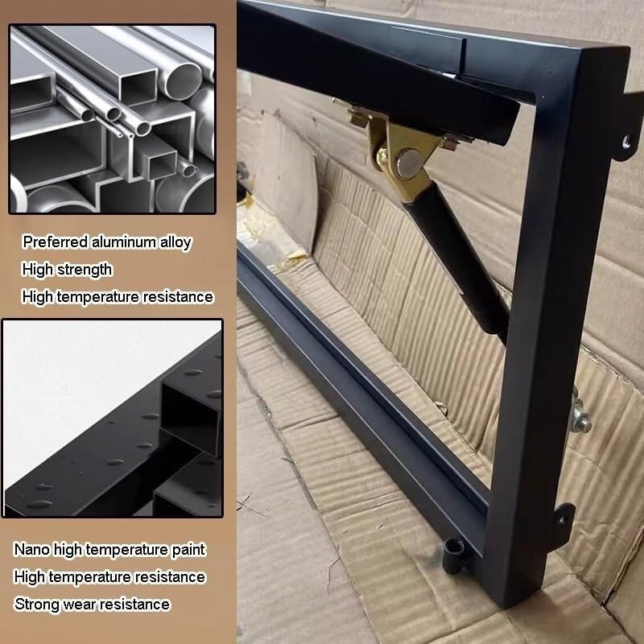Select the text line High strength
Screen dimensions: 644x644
coord(68,269)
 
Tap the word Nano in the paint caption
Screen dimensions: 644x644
coord(30,550)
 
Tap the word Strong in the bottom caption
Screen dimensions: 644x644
coord(35,604)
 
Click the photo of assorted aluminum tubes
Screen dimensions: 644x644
coord(112,118)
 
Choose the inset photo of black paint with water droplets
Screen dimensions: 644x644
coord(112,419)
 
